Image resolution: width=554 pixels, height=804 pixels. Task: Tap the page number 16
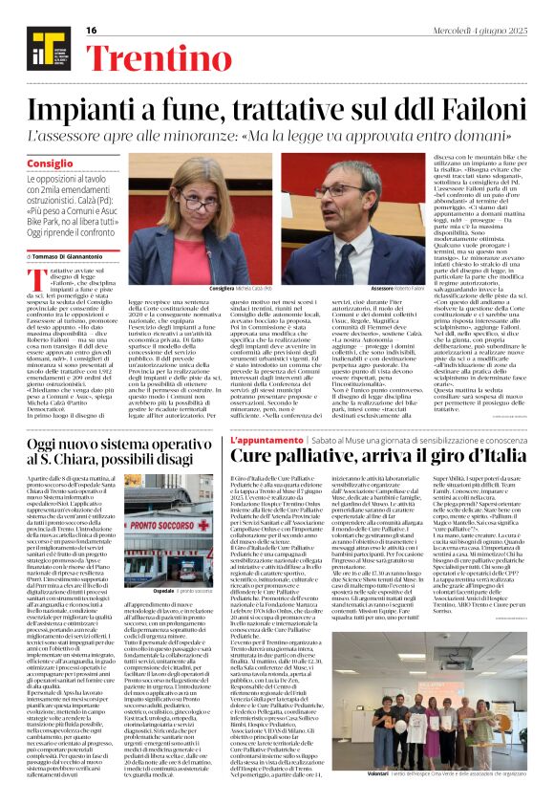pyautogui.click(x=92, y=31)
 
